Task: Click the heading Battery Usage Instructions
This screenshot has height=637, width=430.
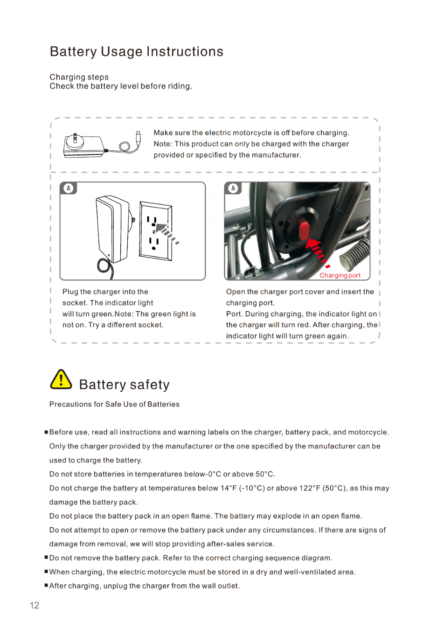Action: coord(136,51)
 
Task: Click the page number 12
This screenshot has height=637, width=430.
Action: coord(35,605)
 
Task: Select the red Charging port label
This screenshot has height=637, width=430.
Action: coord(340,275)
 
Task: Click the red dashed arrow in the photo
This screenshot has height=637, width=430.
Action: coord(317,252)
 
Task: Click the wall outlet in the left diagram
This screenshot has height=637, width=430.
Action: coord(155,231)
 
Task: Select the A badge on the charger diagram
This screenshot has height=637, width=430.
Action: coord(69,188)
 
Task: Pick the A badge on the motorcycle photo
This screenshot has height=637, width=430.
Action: coord(233,188)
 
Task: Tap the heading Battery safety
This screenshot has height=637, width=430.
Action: coord(124,385)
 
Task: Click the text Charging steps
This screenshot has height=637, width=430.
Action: coord(79,77)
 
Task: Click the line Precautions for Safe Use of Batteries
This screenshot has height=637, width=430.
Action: coord(114,404)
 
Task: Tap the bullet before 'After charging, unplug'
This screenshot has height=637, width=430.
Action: coord(46,585)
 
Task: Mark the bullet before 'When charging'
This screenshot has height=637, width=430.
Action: coord(46,571)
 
